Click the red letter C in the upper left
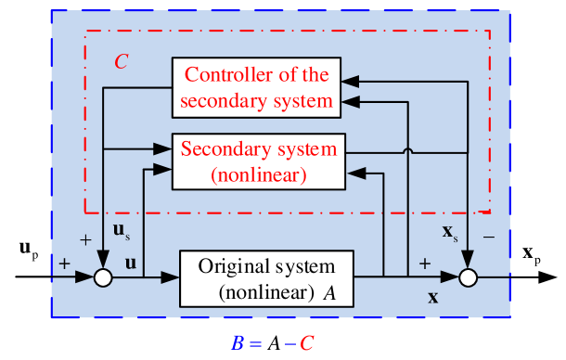(121, 62)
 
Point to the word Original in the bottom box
(229, 266)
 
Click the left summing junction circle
(103, 276)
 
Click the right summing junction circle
(470, 276)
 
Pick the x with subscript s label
(450, 230)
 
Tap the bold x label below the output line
(433, 298)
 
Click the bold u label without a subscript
(131, 263)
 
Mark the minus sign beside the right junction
(489, 237)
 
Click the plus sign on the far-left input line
(64, 264)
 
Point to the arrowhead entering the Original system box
(174, 276)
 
